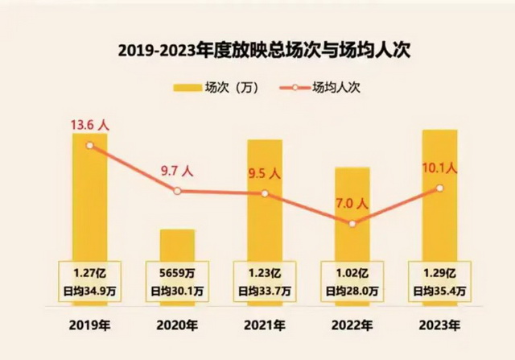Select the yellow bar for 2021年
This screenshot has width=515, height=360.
pyautogui.click(x=265, y=201)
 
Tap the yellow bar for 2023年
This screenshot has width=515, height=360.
pyautogui.click(x=439, y=193)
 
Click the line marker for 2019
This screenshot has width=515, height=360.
pyautogui.click(x=89, y=145)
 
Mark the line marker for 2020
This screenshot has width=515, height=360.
pyautogui.click(x=177, y=191)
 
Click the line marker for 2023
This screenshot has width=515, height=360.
pyautogui.click(x=439, y=188)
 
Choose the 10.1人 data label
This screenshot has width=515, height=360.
pyautogui.click(x=439, y=168)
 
